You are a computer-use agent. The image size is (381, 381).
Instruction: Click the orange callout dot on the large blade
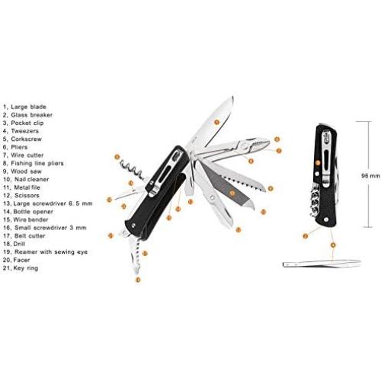click(x=216, y=121)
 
